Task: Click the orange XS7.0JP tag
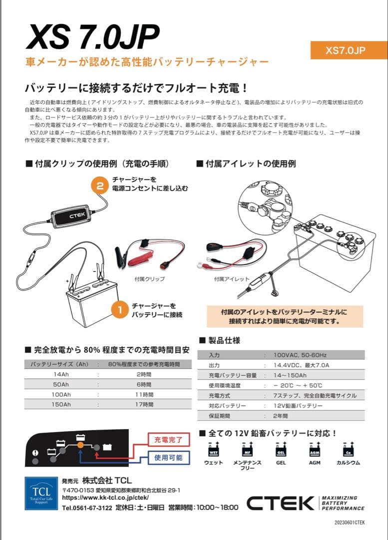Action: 349,50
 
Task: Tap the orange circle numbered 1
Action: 119,310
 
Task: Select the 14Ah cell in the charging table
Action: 61,373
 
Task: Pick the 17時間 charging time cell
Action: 144,404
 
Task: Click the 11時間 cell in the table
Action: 144,394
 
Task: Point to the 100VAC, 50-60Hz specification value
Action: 301,354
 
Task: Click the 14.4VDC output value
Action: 301,365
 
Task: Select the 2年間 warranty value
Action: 281,415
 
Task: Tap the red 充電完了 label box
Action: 168,440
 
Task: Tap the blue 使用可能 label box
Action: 168,457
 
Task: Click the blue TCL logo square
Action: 41,493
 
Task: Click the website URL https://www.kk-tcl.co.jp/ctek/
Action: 105,497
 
